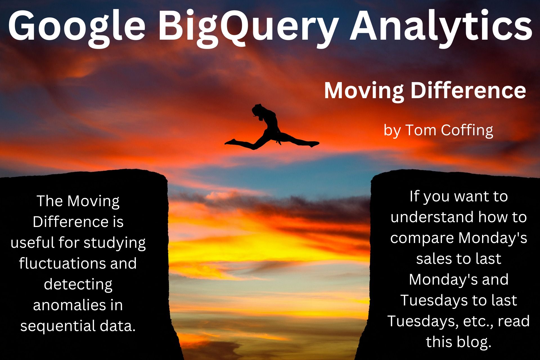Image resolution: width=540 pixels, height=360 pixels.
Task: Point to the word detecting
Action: (78, 285)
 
